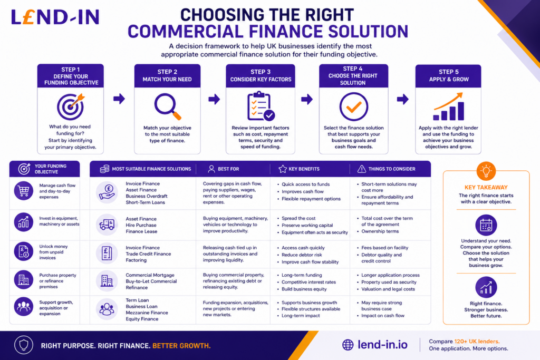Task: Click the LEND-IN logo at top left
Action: pos(55,17)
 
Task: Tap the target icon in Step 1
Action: pos(71,106)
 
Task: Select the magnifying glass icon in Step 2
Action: pos(167,106)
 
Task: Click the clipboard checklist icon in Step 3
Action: pos(261,106)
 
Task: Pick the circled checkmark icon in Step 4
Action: pos(354,106)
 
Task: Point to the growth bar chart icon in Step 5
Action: pos(448,106)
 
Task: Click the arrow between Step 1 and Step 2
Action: pos(119,99)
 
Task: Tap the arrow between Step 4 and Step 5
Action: pos(402,99)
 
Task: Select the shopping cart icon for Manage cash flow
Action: pos(23,191)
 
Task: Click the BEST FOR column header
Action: pos(228,169)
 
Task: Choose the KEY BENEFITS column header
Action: pos(304,169)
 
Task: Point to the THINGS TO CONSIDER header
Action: pos(392,169)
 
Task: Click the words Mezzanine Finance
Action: pos(147,313)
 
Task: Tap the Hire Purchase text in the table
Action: pos(141,225)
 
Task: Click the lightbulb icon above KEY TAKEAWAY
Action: pos(486,171)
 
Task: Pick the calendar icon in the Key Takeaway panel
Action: pos(486,226)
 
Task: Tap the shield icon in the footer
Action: pos(23,345)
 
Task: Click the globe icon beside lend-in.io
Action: pos(348,345)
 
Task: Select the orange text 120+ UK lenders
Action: pos(477,342)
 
